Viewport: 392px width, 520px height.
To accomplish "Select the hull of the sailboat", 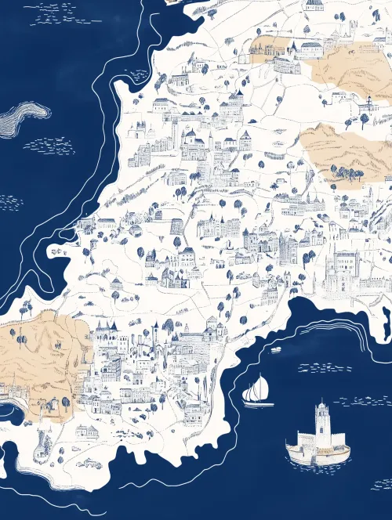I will pyautogui.click(x=258, y=403).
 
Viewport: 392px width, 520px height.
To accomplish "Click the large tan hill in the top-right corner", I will pyautogui.click(x=353, y=67).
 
